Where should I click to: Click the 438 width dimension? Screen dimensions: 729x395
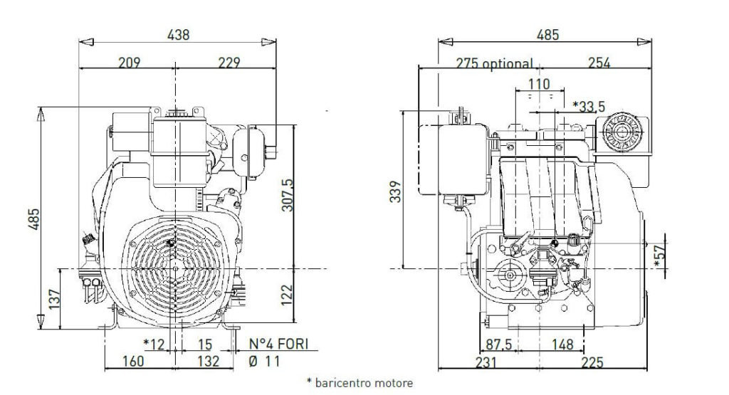[x=179, y=35]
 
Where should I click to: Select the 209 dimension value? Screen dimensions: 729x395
[x=129, y=62]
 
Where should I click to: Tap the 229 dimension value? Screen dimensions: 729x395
[x=229, y=62]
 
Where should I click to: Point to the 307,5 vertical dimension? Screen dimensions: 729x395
[x=288, y=195]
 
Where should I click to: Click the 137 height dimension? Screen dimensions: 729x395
[x=54, y=299]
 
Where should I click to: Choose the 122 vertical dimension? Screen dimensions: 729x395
[x=288, y=295]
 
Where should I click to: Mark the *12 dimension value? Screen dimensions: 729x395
[x=154, y=344]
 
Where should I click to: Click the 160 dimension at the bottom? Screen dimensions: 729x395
[x=133, y=361]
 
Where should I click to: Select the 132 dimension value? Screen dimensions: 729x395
[x=209, y=361]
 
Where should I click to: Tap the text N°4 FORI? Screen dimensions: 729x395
[x=278, y=344]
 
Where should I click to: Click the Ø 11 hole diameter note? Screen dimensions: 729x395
[x=265, y=361]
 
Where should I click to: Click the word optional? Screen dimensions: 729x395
[x=508, y=63]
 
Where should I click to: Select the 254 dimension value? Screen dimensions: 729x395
[x=599, y=62]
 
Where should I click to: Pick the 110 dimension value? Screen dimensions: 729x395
[x=540, y=84]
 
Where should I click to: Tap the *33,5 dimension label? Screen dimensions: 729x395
[x=589, y=107]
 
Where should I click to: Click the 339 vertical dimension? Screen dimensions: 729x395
[x=395, y=191]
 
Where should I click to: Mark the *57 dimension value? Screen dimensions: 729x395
[x=660, y=256]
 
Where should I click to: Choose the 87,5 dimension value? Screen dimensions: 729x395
[x=499, y=344]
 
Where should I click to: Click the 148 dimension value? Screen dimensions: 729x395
[x=562, y=344]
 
